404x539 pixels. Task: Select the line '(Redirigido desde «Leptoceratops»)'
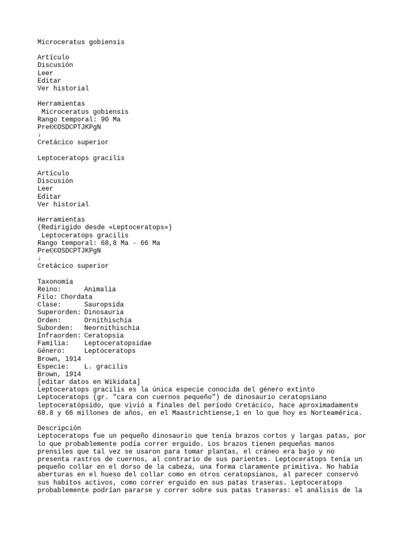click(x=105, y=227)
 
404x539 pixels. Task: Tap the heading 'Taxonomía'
click(x=55, y=281)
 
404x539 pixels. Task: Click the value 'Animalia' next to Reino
click(x=100, y=289)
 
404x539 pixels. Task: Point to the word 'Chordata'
click(x=76, y=297)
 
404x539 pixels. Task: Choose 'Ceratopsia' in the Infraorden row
click(x=104, y=335)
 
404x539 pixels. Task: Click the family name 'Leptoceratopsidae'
click(x=117, y=343)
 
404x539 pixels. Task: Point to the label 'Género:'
click(x=51, y=351)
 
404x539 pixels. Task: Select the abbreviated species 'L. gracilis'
click(x=106, y=366)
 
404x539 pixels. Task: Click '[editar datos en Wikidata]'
click(x=89, y=382)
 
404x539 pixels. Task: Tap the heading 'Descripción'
click(x=59, y=428)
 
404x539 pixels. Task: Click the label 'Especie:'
click(x=53, y=366)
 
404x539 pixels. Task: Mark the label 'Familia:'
click(x=53, y=343)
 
